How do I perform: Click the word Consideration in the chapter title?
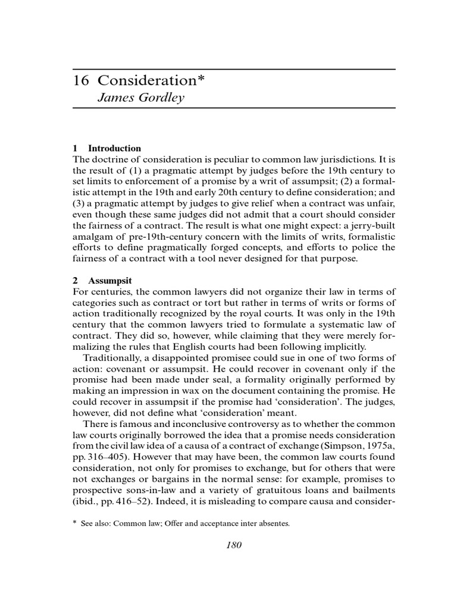pyautogui.click(x=146, y=81)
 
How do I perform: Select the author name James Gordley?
pyautogui.click(x=140, y=98)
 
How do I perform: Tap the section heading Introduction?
pyautogui.click(x=114, y=148)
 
